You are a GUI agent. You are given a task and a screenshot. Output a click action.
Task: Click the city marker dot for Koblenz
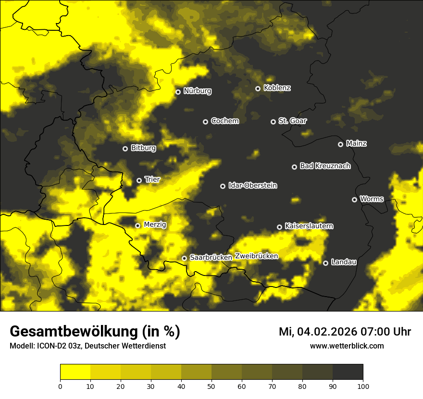pyautogui.click(x=258, y=88)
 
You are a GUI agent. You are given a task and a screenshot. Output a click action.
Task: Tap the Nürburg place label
pyautogui.click(x=197, y=91)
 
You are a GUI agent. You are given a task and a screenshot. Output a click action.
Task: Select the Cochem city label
pyautogui.click(x=224, y=121)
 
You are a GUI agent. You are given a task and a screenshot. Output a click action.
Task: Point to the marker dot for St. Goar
pyautogui.click(x=273, y=122)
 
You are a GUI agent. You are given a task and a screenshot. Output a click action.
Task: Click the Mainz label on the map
pyautogui.click(x=356, y=143)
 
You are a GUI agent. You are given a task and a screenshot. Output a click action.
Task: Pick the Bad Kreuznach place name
pyautogui.click(x=325, y=166)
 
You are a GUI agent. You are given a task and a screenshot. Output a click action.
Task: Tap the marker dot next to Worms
pyautogui.click(x=354, y=199)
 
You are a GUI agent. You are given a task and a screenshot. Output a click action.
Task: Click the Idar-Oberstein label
pyautogui.click(x=252, y=186)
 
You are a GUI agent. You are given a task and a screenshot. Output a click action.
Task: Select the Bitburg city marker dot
pyautogui.click(x=125, y=149)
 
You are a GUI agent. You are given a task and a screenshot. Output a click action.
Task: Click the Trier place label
pyautogui.click(x=152, y=179)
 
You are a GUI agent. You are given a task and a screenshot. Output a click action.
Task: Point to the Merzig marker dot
pyautogui.click(x=137, y=225)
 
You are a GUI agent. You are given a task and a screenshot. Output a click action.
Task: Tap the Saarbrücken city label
pyautogui.click(x=211, y=258)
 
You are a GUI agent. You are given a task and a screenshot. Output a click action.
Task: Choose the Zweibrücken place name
pyautogui.click(x=256, y=256)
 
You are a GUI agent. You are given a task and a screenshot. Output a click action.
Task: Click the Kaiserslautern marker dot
pyautogui.click(x=279, y=227)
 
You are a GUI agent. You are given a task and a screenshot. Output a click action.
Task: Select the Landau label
pyautogui.click(x=344, y=262)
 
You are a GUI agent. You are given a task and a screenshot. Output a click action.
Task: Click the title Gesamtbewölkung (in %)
pyautogui.click(x=95, y=332)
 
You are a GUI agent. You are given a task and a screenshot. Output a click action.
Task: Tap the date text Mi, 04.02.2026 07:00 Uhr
pyautogui.click(x=345, y=332)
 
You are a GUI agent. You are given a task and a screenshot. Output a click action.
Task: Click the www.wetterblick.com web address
pyautogui.click(x=347, y=346)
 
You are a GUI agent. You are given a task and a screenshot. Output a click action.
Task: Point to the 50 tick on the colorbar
pyautogui.click(x=211, y=386)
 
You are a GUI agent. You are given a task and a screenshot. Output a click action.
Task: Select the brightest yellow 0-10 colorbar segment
pyautogui.click(x=75, y=372)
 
